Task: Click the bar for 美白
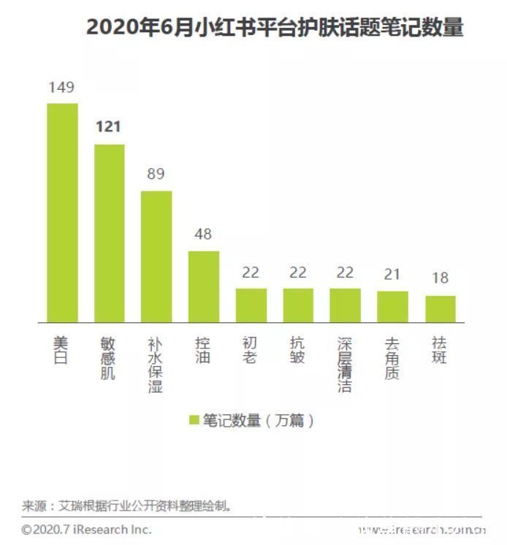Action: tap(62, 213)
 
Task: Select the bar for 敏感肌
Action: tap(110, 233)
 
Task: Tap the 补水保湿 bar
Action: tap(156, 256)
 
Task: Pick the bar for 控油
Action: tap(204, 286)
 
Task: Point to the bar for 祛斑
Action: tap(441, 309)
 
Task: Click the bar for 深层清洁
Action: tap(346, 305)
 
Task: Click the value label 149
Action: tap(62, 88)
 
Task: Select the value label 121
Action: tap(109, 128)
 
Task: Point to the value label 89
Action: tap(156, 175)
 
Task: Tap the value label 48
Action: tap(204, 235)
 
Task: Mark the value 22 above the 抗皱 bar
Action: tap(298, 272)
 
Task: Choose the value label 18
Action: tap(441, 279)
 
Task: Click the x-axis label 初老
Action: tap(251, 351)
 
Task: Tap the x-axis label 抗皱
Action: tap(298, 351)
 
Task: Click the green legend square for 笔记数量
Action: tap(194, 420)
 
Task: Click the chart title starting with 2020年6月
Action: tap(275, 27)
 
